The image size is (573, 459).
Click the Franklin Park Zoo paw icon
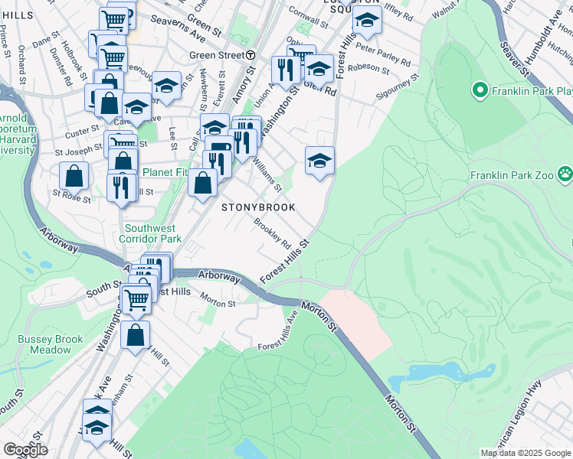566,174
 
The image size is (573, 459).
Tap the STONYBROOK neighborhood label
258,207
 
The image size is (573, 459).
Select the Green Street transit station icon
250,55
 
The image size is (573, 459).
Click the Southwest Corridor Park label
150,233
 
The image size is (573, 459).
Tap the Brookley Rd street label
273,234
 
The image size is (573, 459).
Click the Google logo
25,450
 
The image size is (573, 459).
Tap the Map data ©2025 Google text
525,453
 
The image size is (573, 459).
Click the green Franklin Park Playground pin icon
480,92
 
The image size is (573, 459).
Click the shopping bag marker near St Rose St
73,177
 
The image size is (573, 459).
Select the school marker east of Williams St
319,161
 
